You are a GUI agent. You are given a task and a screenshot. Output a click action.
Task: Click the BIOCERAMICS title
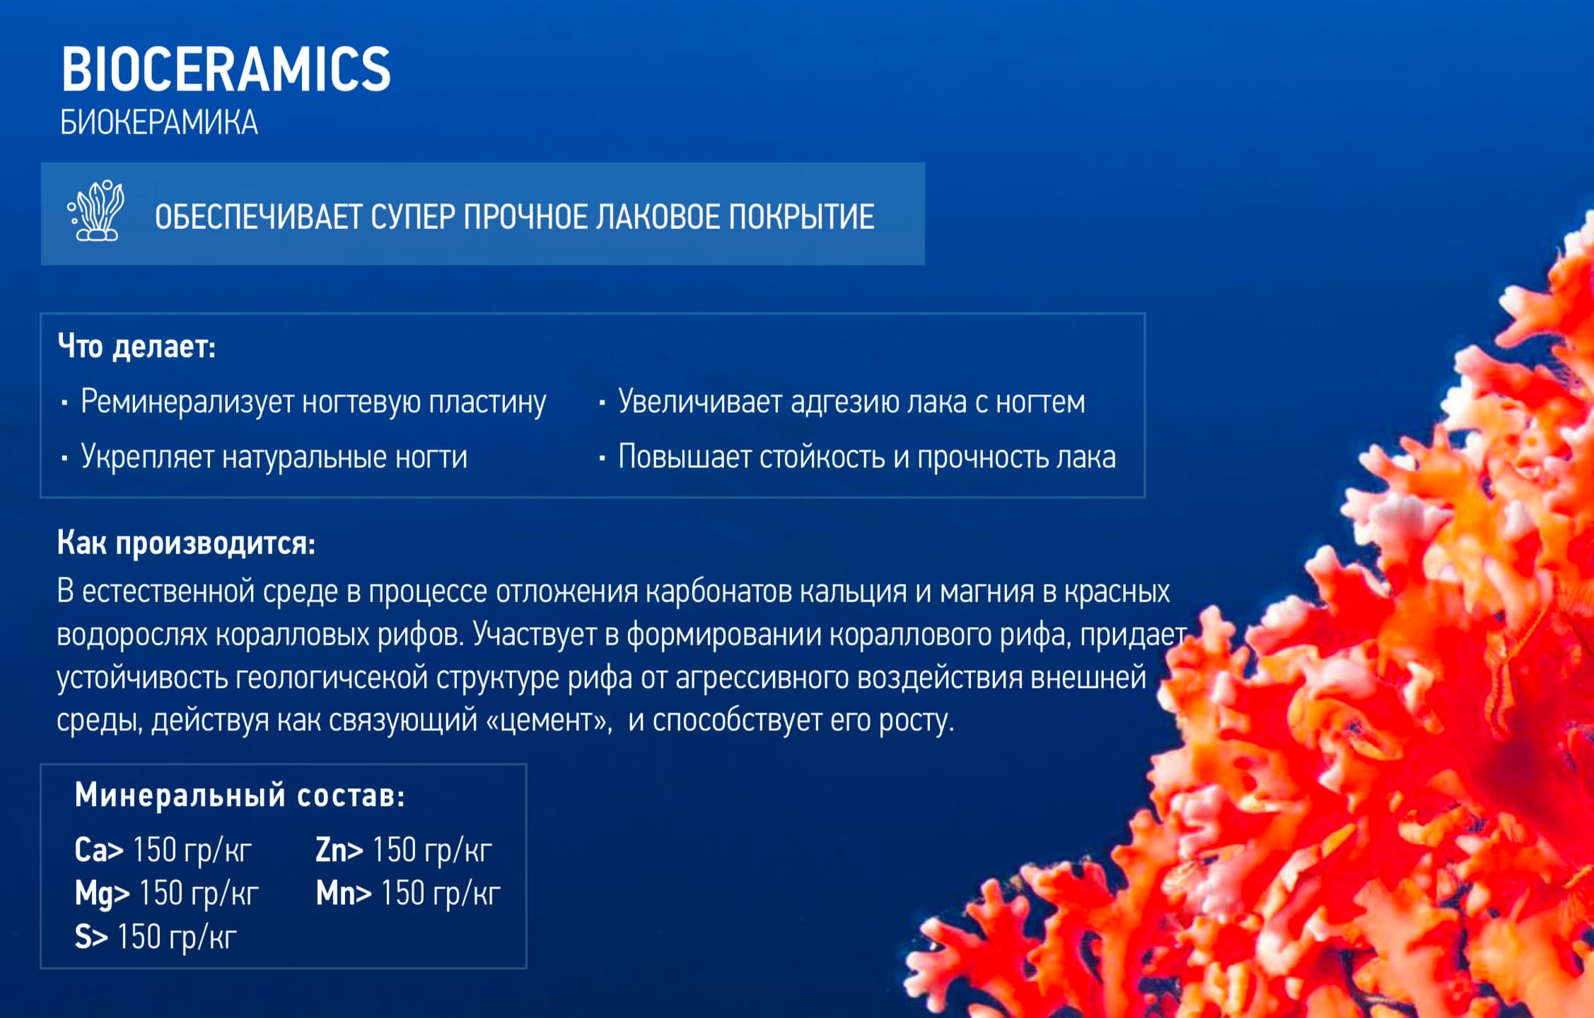226,69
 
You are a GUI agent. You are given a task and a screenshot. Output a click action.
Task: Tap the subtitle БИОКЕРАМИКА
159,122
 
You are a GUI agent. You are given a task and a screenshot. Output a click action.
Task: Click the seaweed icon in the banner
95,210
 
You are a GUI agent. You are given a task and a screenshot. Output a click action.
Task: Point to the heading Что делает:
136,346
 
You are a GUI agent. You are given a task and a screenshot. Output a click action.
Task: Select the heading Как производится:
186,543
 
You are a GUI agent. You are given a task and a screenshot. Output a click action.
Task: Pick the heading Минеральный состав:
240,795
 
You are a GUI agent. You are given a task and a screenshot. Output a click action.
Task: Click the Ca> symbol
99,850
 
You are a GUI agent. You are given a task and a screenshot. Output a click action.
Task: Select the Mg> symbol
103,894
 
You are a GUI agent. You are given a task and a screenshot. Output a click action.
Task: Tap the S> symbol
91,937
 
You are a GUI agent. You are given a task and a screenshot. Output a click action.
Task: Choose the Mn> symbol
344,894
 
